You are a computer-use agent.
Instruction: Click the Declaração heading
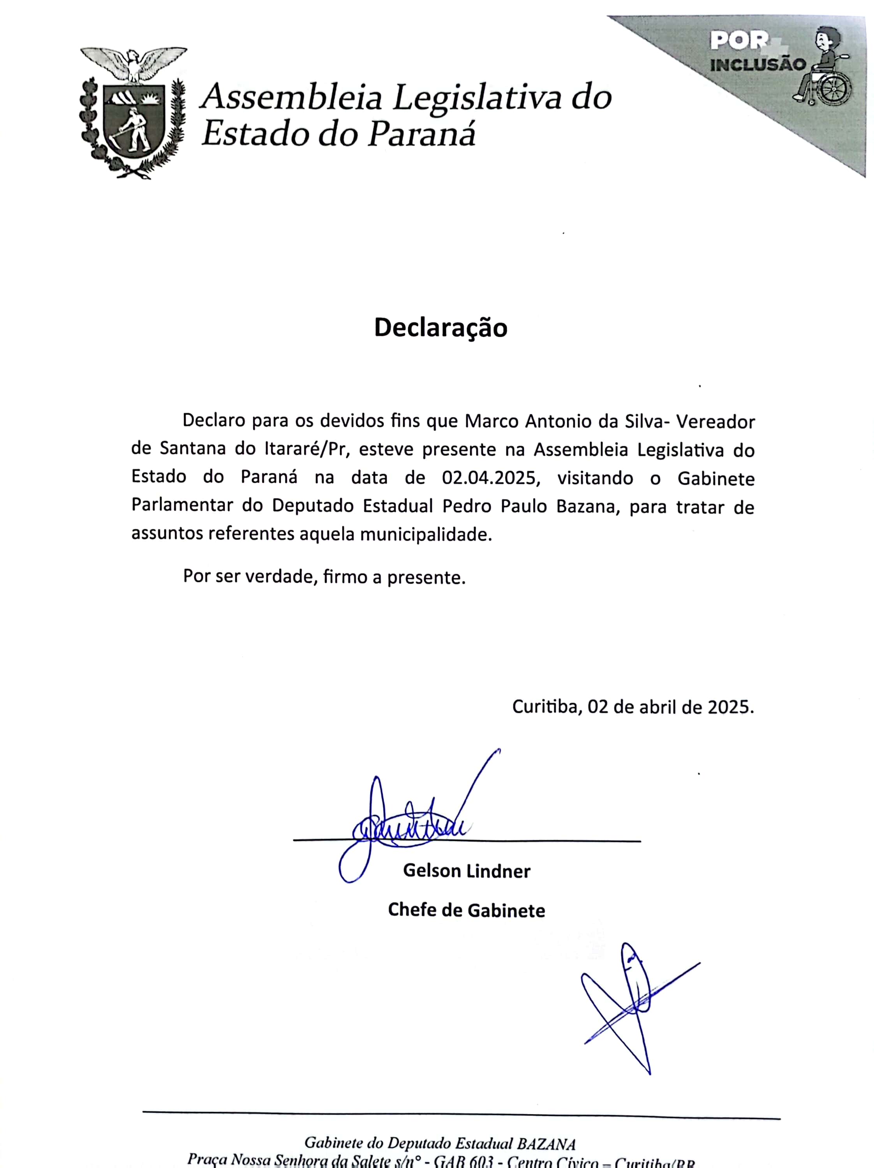(x=441, y=327)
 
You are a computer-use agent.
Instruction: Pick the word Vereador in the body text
(x=715, y=421)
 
